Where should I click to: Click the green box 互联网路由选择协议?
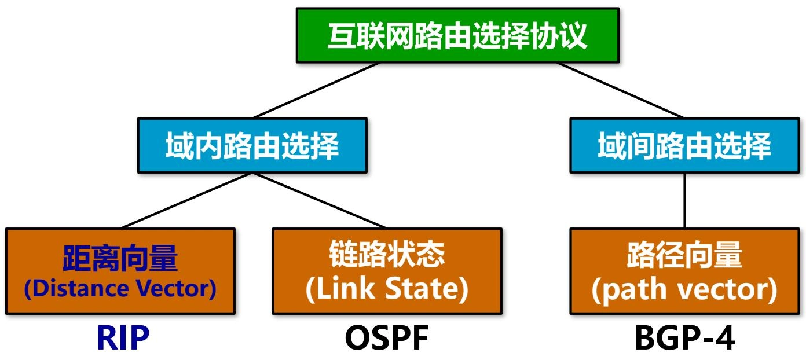457,35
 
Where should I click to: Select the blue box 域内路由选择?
252,145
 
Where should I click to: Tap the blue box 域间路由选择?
684,145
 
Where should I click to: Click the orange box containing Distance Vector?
120,271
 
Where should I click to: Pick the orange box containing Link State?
387,271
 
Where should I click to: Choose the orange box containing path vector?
684,271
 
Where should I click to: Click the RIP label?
123,339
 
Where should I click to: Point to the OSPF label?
387,339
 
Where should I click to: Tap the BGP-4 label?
685,339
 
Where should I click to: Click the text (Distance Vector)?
120,289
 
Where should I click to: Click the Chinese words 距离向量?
120,258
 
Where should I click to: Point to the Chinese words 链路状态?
387,255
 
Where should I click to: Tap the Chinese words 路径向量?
684,255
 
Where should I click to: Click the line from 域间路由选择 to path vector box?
685,200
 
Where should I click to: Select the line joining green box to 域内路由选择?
317,90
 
